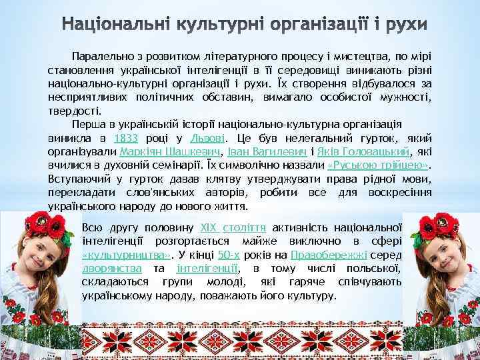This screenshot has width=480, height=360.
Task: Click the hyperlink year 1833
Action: click(x=126, y=139)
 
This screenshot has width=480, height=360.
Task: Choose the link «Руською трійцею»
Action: click(x=378, y=165)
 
